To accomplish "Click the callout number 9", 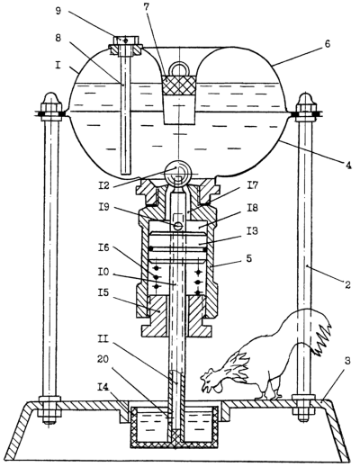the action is click(58, 11).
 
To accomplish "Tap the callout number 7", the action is click(147, 7).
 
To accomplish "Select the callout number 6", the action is click(328, 44).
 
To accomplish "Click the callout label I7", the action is click(252, 185).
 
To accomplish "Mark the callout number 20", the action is click(103, 360).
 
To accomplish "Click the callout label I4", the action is click(104, 387).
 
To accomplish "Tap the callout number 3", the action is click(346, 361).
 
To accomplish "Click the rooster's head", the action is click(211, 381).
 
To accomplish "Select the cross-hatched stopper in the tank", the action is click(179, 85).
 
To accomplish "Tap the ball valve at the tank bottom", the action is click(179, 171).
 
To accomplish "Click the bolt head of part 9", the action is click(125, 40).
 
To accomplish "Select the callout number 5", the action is click(248, 258).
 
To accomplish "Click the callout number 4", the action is click(347, 166).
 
